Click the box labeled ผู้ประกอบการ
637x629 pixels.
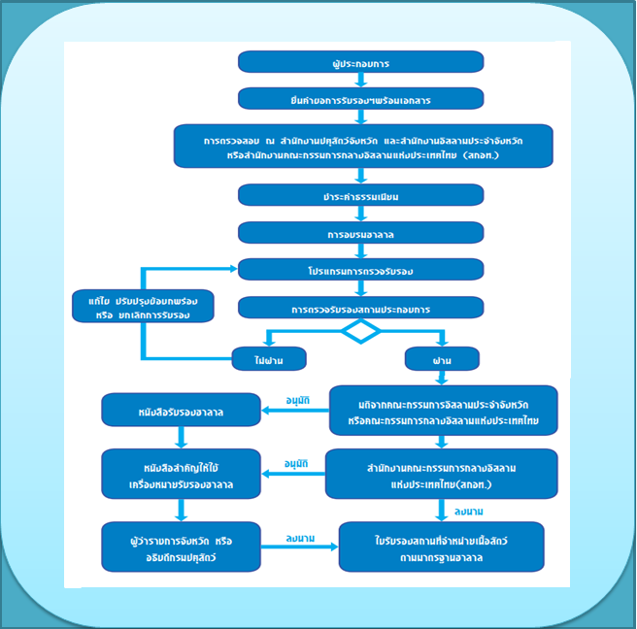(361, 62)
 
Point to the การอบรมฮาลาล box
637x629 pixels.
(361, 234)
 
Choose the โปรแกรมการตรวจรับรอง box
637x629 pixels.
(361, 269)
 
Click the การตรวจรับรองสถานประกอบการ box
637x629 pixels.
(361, 309)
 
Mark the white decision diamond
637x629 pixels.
(361, 331)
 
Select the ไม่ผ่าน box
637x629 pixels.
(269, 359)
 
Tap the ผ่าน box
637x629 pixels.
(442, 360)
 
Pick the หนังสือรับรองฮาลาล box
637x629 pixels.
(181, 412)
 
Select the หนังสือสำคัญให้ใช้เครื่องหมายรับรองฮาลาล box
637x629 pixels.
(182, 474)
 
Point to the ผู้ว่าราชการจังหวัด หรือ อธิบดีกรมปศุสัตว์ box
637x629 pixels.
(182, 546)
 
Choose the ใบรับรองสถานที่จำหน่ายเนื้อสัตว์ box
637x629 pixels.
(441, 546)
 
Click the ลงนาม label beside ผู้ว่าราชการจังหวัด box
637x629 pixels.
(297, 537)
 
